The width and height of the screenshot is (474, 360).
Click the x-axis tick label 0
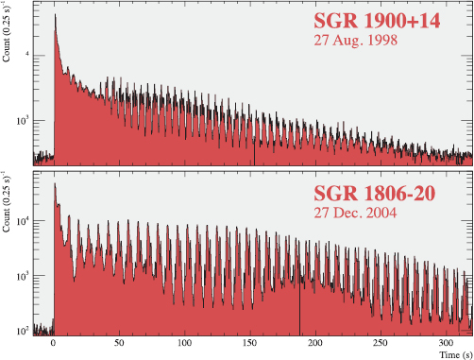[54, 345]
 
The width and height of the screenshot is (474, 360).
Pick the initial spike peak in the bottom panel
[55, 184]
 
